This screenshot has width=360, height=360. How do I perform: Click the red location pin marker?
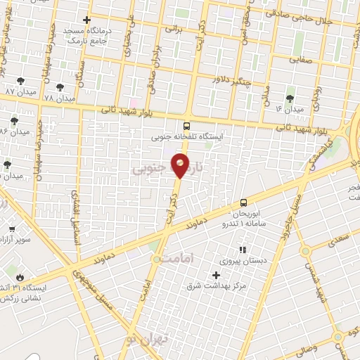tap(182, 165)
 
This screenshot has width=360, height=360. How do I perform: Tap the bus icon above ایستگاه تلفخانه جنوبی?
tap(186, 127)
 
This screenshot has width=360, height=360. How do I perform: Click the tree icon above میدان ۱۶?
tap(290, 98)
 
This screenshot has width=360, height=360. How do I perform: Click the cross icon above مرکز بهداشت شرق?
tap(216, 274)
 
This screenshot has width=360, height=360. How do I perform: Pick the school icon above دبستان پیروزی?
tap(242, 250)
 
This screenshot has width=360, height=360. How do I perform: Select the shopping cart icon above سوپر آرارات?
tap(11, 229)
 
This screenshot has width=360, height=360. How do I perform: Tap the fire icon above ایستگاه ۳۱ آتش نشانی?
tap(20, 277)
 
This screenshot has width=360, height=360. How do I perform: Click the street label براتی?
tap(173, 30)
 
